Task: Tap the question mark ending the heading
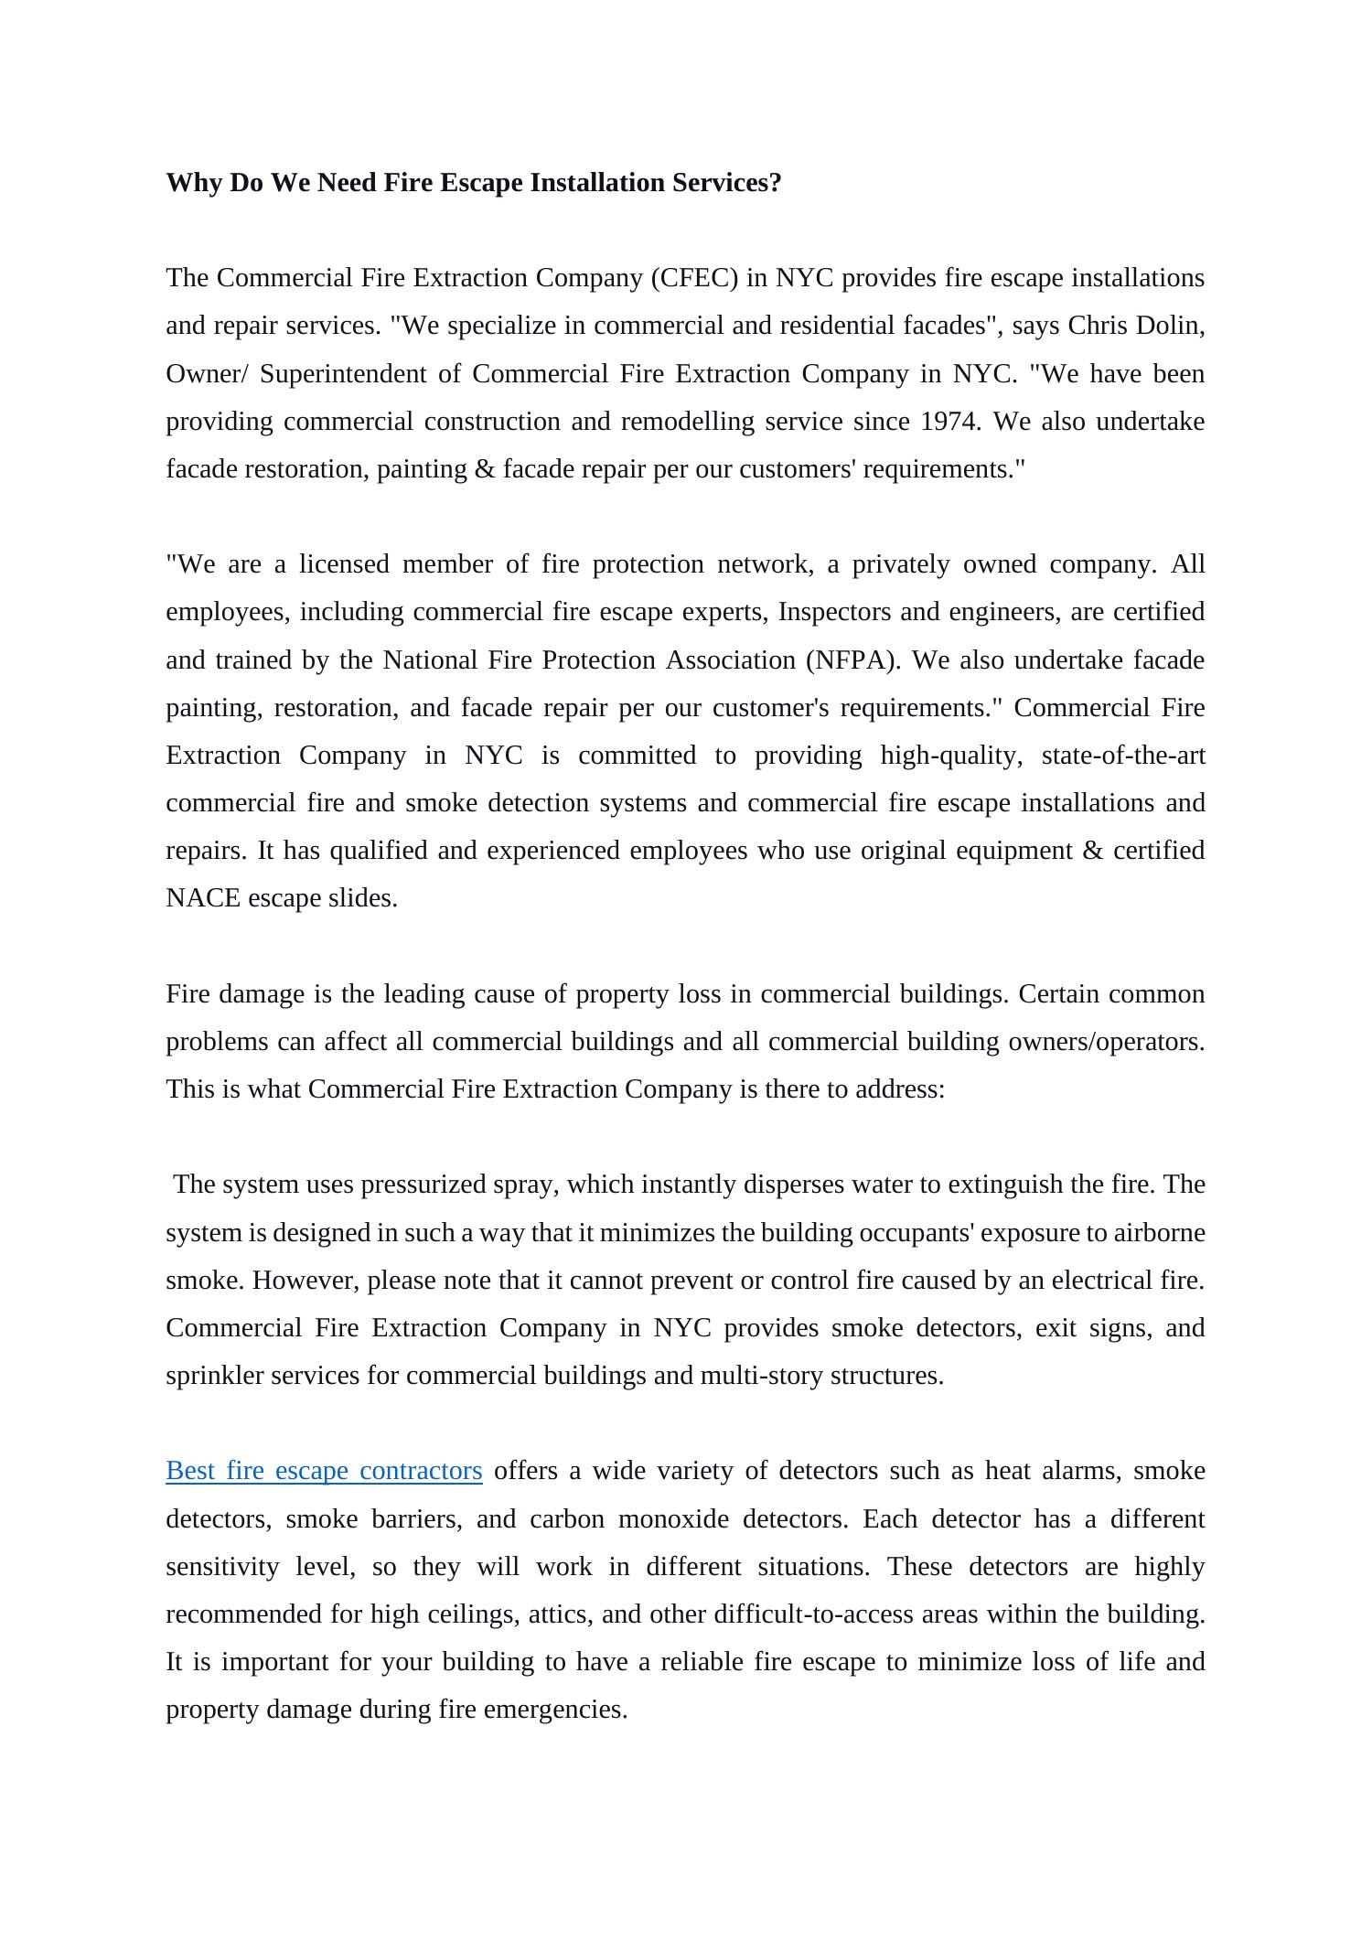pyautogui.click(x=776, y=183)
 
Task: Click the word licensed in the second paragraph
pyautogui.click(x=344, y=564)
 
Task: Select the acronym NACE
pyautogui.click(x=203, y=898)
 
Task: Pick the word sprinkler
pyautogui.click(x=208, y=1376)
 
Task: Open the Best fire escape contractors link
pyautogui.click(x=324, y=1471)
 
